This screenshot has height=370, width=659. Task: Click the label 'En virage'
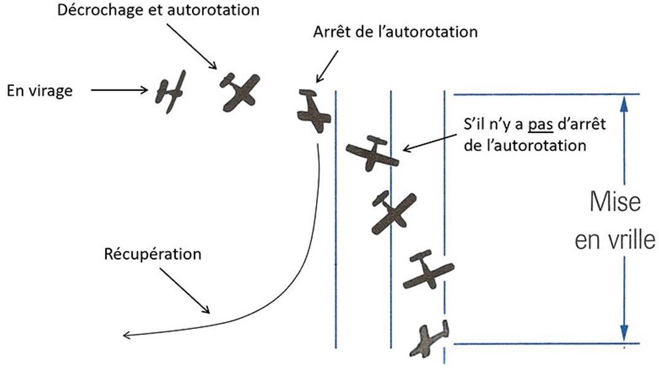click(39, 91)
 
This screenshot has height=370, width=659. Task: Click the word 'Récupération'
click(153, 253)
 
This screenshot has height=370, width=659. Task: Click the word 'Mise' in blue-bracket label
click(615, 202)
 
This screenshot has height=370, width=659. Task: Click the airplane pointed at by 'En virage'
click(170, 91)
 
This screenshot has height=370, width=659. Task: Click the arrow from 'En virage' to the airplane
click(119, 91)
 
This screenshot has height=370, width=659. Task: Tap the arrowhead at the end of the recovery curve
click(126, 335)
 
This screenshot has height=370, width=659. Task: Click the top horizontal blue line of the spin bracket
click(546, 94)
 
